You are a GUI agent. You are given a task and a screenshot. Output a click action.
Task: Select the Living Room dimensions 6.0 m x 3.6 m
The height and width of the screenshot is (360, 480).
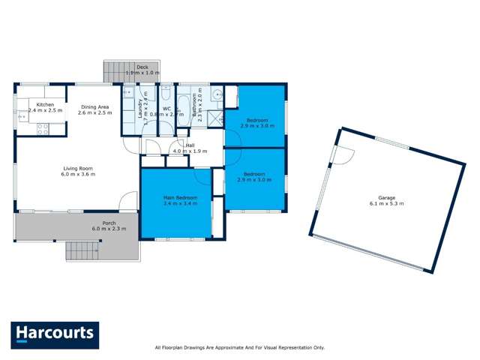click(x=77, y=174)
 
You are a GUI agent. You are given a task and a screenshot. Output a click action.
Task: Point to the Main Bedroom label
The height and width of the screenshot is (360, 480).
click(x=175, y=197)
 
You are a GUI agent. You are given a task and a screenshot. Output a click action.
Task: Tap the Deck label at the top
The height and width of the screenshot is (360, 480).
click(x=142, y=67)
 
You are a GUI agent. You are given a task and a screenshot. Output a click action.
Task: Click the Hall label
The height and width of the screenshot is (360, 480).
click(x=190, y=145)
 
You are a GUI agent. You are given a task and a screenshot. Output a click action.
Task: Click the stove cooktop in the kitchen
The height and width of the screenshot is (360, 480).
click(x=43, y=128)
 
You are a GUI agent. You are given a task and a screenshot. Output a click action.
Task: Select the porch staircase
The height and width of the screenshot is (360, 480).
click(x=82, y=250)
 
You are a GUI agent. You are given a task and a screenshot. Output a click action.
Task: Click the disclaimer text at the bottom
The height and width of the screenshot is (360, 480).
click(x=239, y=347)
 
